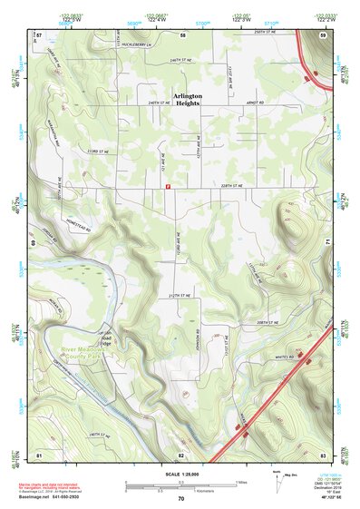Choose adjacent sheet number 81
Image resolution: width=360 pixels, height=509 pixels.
[x=39, y=452]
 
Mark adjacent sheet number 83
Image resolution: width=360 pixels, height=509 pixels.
[x=323, y=452]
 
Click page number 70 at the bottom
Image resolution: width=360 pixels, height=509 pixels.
[x=180, y=499]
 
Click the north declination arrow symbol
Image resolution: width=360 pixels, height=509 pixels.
[x=275, y=479]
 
